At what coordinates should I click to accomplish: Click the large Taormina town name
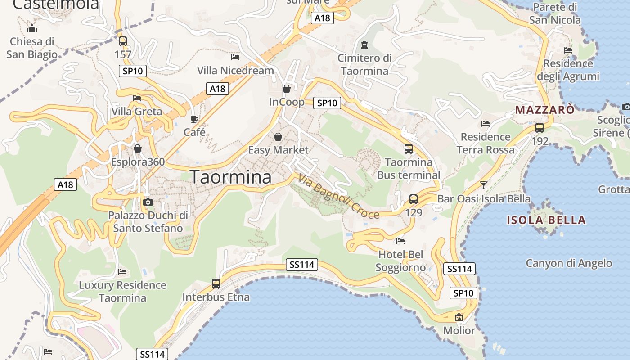[x=231, y=177]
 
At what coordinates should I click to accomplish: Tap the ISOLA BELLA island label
[x=546, y=220]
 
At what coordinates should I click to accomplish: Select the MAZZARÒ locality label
[x=545, y=109]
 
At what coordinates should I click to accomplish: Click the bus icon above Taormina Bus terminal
[x=409, y=149]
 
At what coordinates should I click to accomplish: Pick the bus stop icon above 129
[x=414, y=199]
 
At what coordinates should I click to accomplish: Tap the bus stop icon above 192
[x=540, y=128]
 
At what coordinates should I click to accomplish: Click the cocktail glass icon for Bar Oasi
[x=484, y=185]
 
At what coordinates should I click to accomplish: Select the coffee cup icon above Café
[x=194, y=119]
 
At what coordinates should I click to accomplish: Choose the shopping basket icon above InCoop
[x=287, y=89]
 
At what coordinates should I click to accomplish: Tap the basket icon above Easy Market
[x=278, y=136]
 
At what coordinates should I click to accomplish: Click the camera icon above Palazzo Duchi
[x=148, y=202]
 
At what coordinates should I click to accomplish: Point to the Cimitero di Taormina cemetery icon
[x=364, y=45]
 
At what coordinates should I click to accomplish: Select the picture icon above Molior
[x=459, y=317]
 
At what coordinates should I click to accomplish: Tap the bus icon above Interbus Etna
[x=216, y=284]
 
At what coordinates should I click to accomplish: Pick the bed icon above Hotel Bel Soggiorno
[x=400, y=241]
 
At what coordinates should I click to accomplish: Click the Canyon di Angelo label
[x=569, y=263]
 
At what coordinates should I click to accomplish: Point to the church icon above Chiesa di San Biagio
[x=32, y=29]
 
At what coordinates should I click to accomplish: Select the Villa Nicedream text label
[x=235, y=71]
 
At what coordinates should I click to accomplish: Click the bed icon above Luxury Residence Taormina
[x=122, y=272]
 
